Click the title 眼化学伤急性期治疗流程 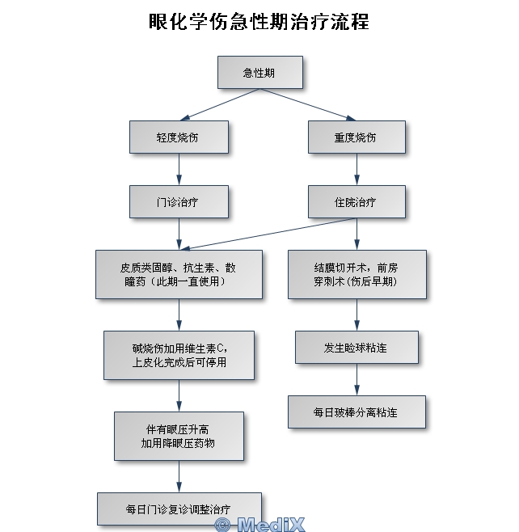(x=259, y=22)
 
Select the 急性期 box (x=260, y=73)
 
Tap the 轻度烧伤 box (x=179, y=137)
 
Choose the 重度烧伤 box (x=357, y=137)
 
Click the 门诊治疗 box (x=179, y=202)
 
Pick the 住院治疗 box (x=357, y=202)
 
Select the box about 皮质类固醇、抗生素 (x=179, y=274)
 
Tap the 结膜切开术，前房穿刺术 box (x=357, y=274)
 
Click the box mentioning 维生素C (x=179, y=355)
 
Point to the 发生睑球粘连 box (x=357, y=348)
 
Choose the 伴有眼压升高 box (x=179, y=437)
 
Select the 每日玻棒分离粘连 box (x=357, y=412)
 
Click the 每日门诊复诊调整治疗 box (x=179, y=509)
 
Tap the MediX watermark (x=260, y=524)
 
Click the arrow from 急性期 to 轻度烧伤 (x=220, y=104)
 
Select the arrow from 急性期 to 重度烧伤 (x=308, y=104)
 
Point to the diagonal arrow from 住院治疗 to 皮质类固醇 (x=268, y=234)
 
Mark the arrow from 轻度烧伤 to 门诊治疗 (x=179, y=169)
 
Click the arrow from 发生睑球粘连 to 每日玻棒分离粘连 (x=357, y=380)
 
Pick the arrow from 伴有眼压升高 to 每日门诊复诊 (x=179, y=476)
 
